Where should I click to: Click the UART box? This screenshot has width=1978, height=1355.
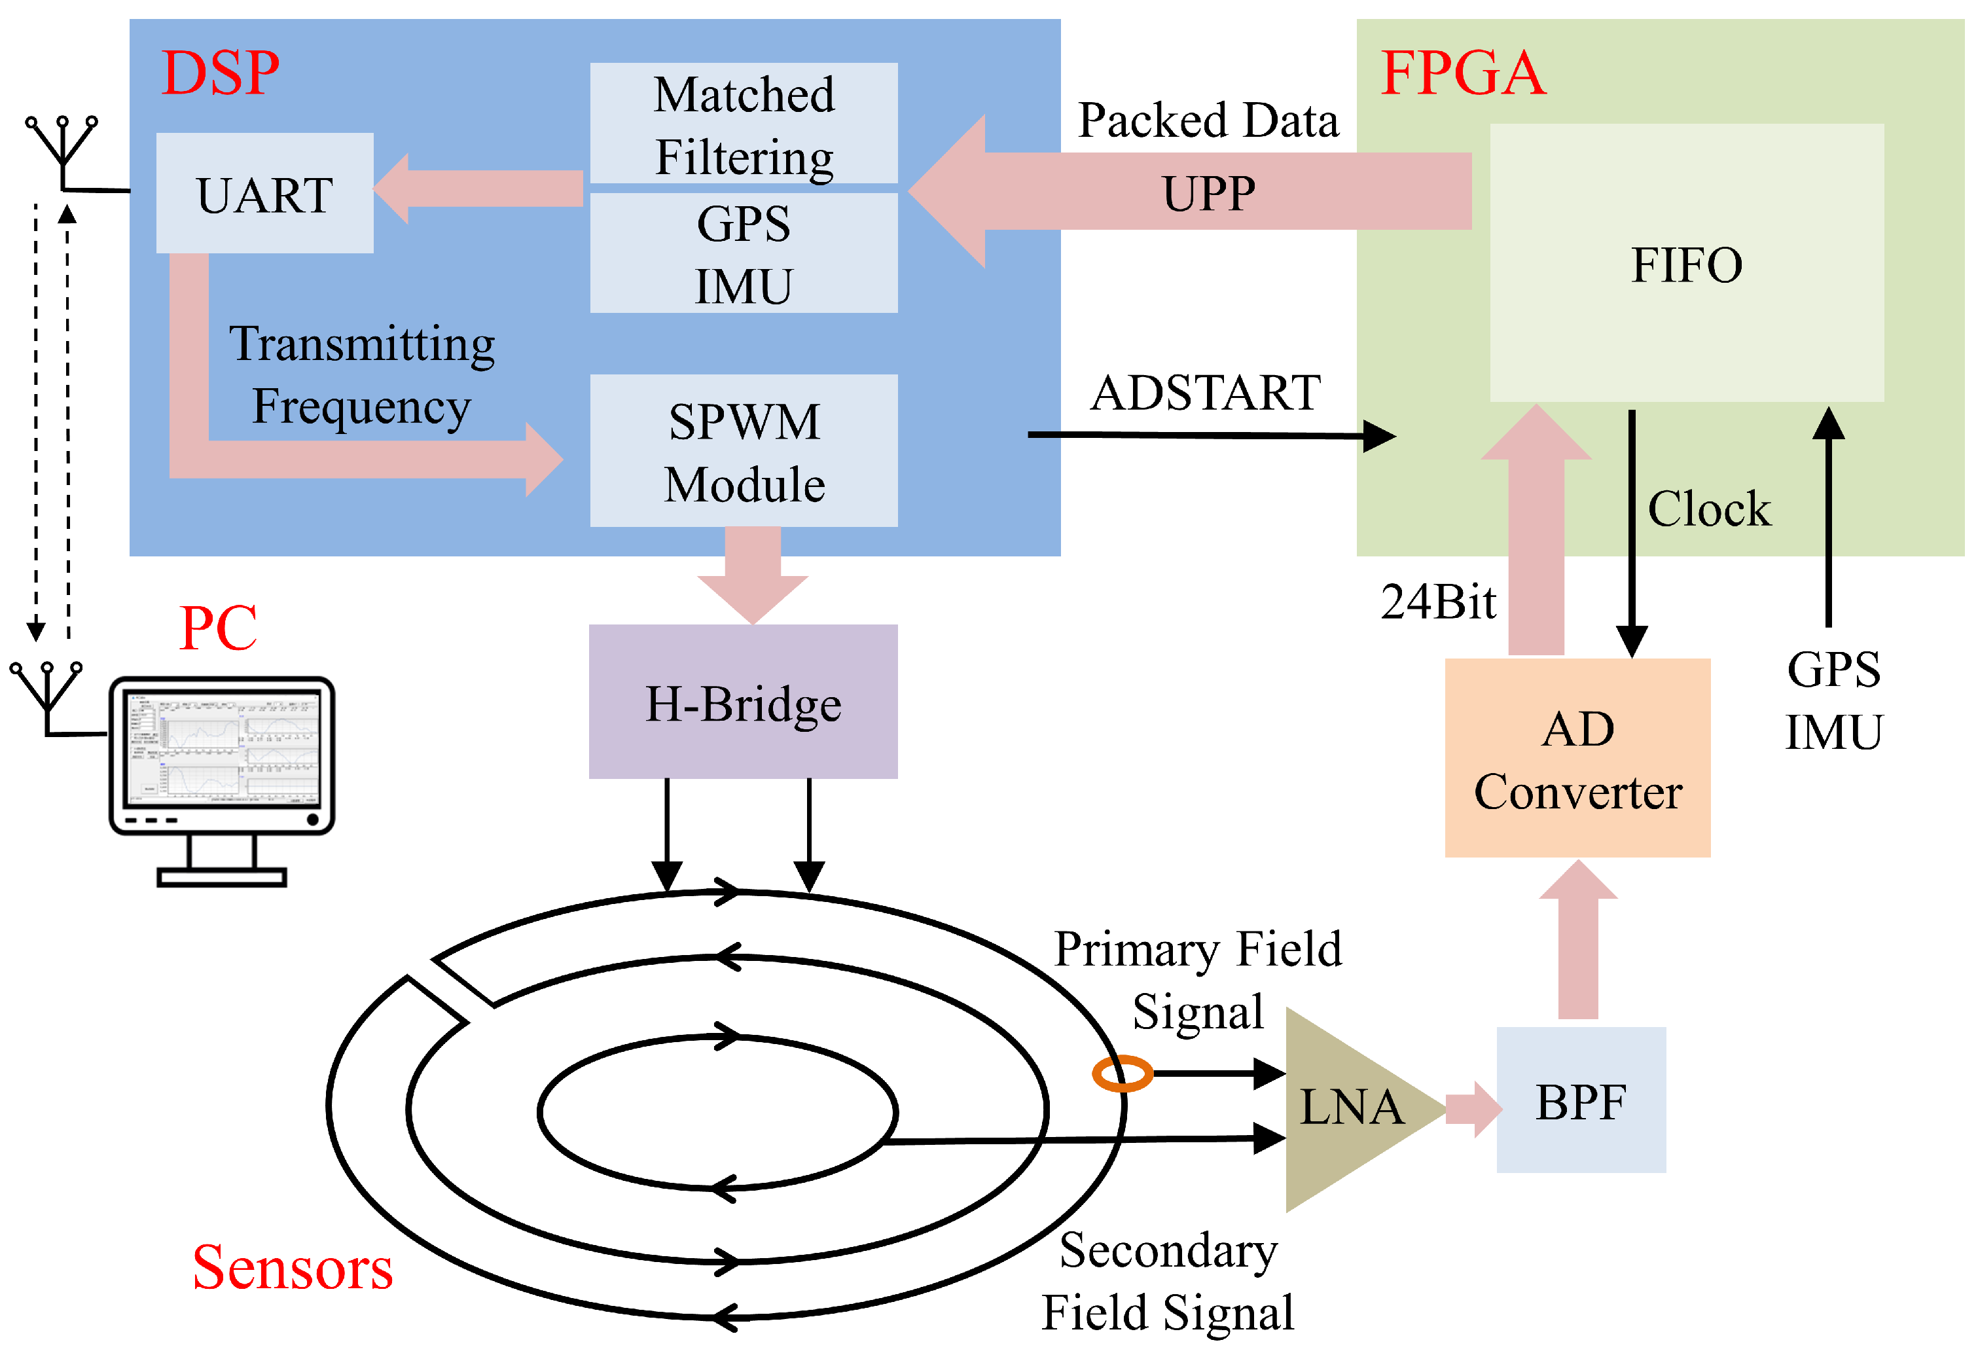[264, 193]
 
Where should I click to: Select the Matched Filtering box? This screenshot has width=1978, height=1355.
[744, 124]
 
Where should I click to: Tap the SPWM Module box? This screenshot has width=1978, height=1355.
[744, 451]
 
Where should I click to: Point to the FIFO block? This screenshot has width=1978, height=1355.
[1686, 264]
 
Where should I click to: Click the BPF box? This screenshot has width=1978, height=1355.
[1581, 1100]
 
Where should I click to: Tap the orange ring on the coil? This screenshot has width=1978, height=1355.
[1122, 1074]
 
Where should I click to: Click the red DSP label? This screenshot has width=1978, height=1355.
[221, 73]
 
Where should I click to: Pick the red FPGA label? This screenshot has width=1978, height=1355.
[1462, 73]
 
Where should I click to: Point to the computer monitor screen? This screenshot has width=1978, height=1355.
[221, 749]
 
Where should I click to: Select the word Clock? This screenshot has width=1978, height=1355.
[1709, 509]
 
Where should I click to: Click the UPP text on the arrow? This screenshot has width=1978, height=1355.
[1208, 193]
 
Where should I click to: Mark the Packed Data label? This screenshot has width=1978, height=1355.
[1208, 120]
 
